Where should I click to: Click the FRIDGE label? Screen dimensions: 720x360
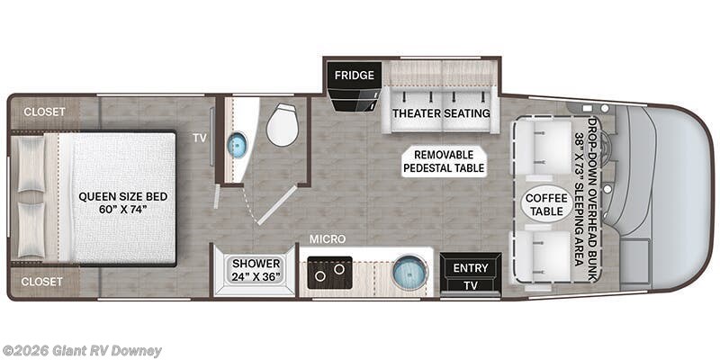(354, 76)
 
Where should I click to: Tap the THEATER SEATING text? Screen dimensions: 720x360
(441, 113)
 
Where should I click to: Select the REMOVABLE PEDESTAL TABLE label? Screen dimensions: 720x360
(444, 162)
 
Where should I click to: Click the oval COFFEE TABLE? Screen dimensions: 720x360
(546, 204)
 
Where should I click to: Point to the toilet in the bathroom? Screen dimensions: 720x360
(283, 124)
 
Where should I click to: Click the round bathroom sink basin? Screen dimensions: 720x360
(237, 145)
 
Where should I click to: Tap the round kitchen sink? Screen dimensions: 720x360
(410, 273)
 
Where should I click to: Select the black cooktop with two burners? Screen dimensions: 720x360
(329, 273)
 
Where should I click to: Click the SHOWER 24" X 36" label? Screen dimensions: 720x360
(256, 271)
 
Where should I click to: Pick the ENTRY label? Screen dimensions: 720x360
(470, 268)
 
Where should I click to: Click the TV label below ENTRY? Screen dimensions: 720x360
(470, 285)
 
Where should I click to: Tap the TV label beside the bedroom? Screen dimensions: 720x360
(200, 139)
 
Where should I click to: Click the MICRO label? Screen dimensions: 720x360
(328, 239)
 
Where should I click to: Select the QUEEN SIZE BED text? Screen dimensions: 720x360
(123, 197)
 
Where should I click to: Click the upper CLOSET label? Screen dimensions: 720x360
(44, 112)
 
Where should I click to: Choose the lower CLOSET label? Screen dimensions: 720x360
(41, 282)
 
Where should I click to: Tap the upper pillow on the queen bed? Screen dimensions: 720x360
(31, 164)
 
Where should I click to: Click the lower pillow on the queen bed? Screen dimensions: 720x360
(31, 229)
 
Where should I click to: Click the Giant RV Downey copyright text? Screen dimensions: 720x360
(81, 351)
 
